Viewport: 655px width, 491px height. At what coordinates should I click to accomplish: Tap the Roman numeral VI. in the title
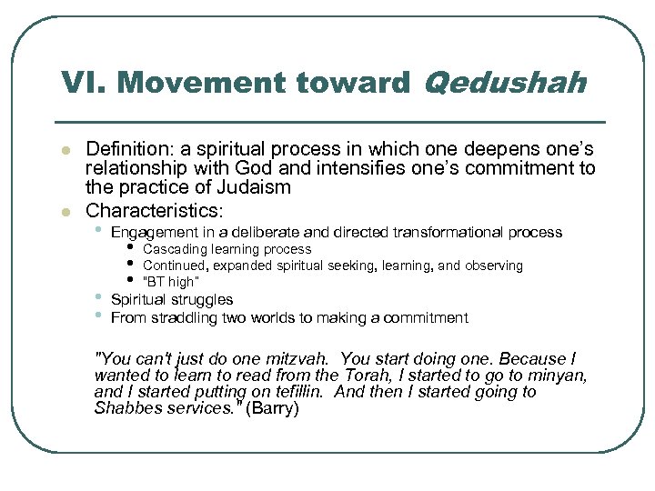83,84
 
